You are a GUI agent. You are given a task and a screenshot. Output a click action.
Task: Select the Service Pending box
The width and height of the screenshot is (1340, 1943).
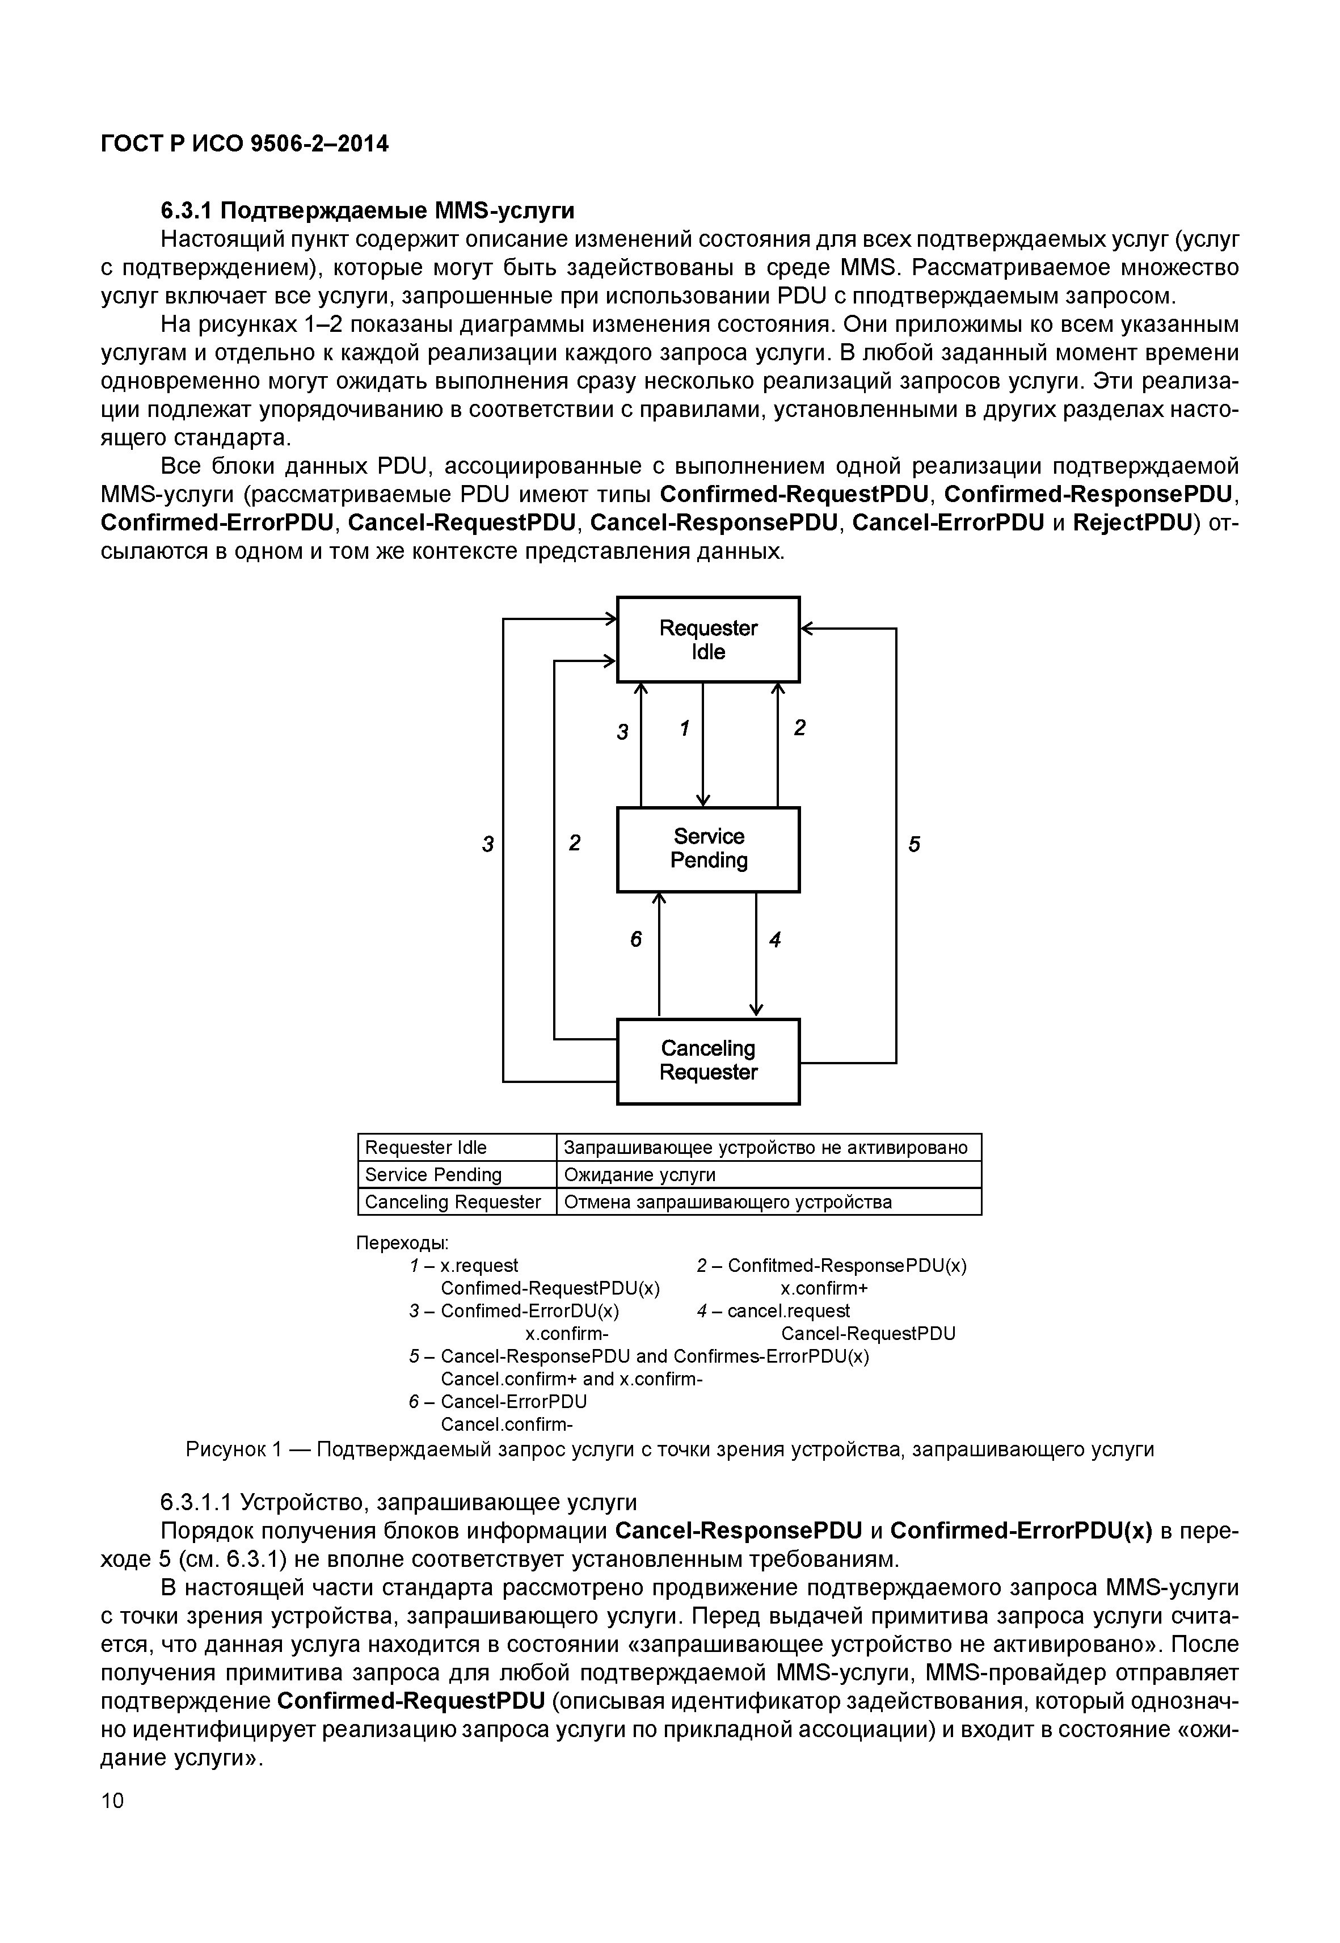(x=708, y=848)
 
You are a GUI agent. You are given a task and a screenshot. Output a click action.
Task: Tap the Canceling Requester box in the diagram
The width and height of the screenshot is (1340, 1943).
(x=708, y=1060)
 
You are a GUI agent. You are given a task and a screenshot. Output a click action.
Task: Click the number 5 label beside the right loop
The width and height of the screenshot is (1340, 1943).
(x=915, y=844)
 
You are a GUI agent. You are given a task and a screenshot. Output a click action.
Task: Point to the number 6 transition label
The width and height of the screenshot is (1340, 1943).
(x=635, y=939)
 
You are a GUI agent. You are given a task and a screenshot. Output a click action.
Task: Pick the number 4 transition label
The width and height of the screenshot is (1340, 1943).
(x=775, y=939)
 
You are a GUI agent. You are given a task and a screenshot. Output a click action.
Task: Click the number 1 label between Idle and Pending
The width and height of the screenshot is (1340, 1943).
(x=684, y=728)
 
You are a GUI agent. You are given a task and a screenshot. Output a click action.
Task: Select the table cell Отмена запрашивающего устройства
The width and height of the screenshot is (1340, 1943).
(x=727, y=1202)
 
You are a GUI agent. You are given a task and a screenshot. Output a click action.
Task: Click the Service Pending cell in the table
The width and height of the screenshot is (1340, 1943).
(x=433, y=1174)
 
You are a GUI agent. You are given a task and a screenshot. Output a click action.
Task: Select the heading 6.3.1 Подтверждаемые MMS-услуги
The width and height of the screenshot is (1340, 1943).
(x=368, y=209)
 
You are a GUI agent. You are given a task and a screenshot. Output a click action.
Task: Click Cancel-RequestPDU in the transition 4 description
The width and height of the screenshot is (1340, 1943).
(x=867, y=1333)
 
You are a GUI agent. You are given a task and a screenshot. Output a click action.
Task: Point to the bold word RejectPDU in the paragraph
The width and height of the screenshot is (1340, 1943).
(x=1132, y=522)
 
